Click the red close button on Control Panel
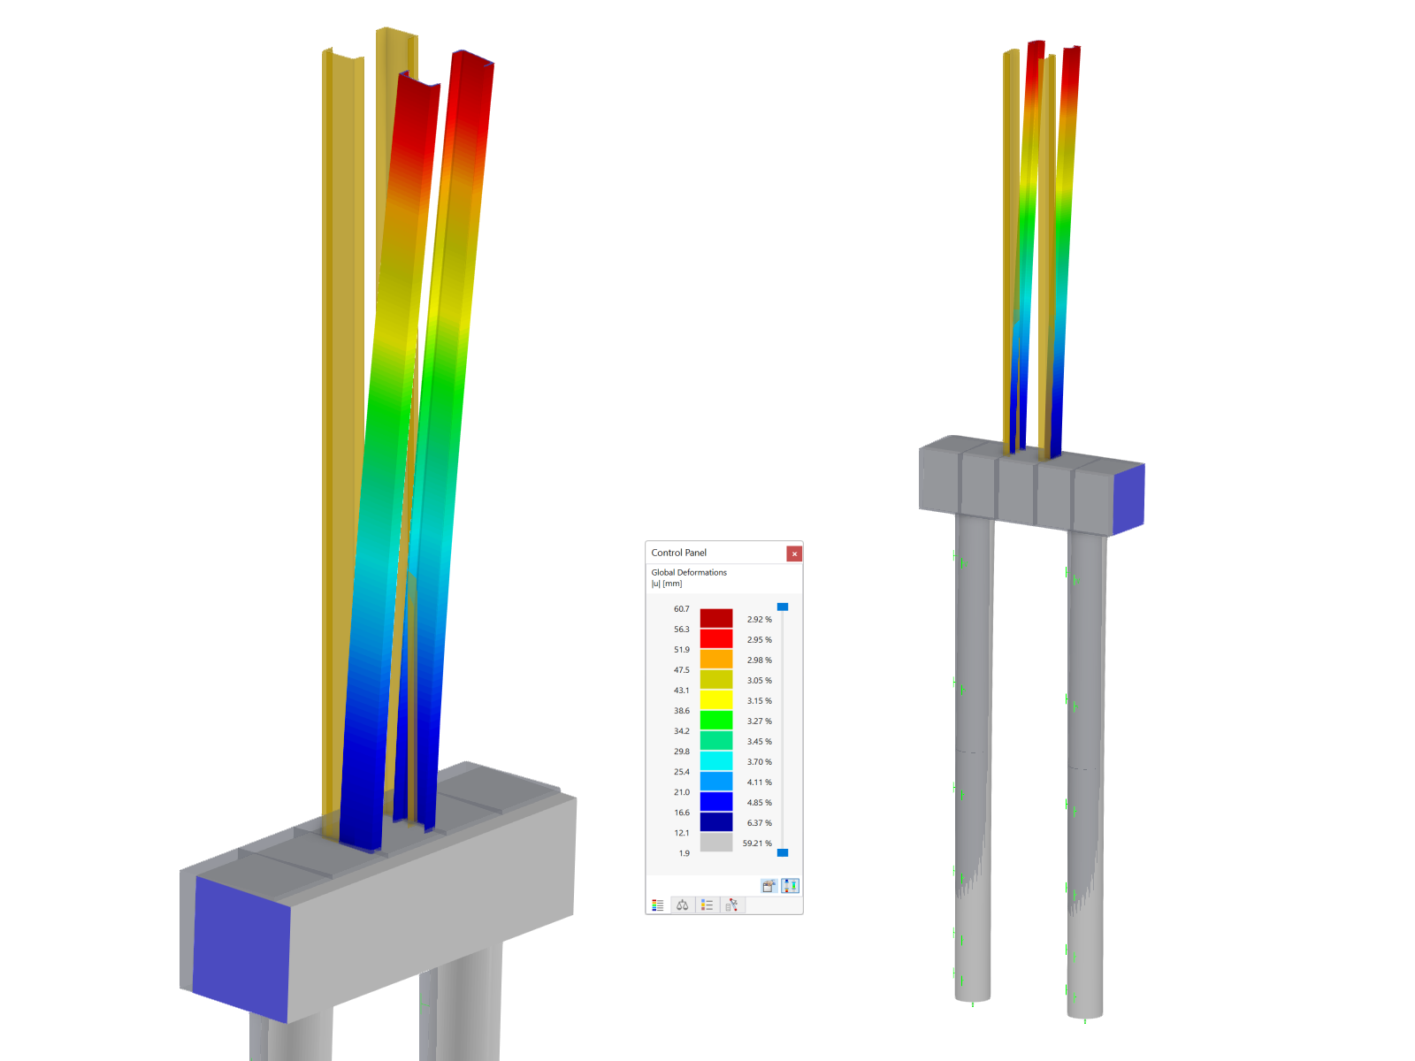[x=793, y=553]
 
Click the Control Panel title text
[x=678, y=553]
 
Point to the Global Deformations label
[x=688, y=572]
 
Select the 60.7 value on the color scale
[x=681, y=609]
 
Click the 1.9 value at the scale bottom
[x=684, y=853]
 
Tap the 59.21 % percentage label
[x=757, y=843]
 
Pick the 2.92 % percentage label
[x=759, y=619]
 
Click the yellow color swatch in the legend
[x=715, y=699]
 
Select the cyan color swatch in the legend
[x=715, y=760]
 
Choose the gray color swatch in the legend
[x=715, y=842]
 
